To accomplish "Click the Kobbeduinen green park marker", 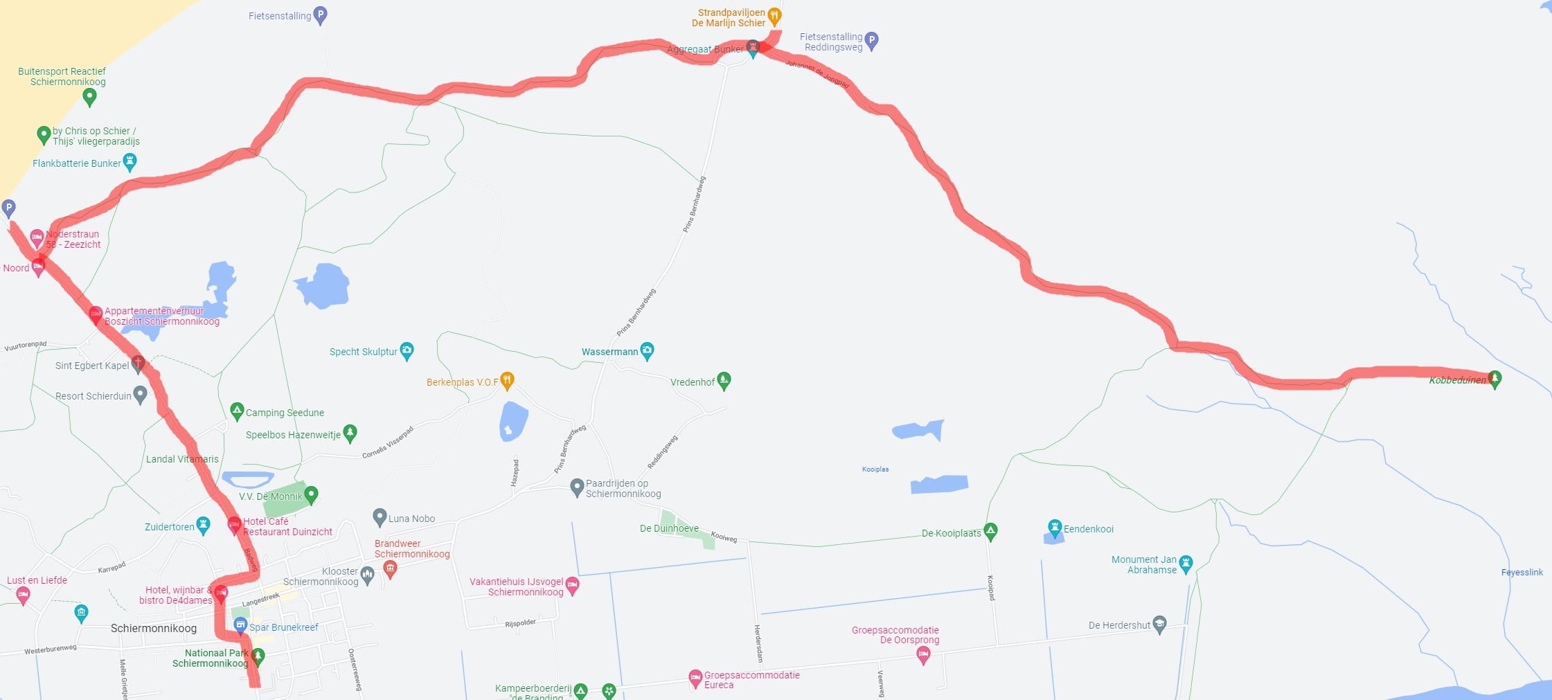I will (x=1495, y=379).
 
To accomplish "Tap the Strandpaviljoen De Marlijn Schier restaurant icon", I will (x=774, y=15).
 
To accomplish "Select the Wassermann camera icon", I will (x=647, y=350).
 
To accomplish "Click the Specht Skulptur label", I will (x=364, y=352).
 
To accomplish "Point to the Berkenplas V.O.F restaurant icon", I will (x=507, y=380).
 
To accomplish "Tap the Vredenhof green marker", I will (x=724, y=379).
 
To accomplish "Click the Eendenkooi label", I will (x=1088, y=529).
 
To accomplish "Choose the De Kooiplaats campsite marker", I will (x=990, y=531).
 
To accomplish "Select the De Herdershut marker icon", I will (x=1159, y=624).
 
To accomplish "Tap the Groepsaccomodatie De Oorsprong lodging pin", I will (x=922, y=654).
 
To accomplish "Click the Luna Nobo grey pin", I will (x=380, y=517).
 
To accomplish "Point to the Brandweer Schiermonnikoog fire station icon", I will (x=390, y=569).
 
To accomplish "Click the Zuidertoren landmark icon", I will (x=203, y=526).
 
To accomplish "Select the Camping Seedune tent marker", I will (x=237, y=411).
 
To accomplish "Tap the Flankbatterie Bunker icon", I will (x=130, y=162).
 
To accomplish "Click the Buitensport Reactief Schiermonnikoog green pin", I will (x=89, y=96).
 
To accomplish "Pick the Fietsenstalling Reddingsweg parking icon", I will (x=872, y=41).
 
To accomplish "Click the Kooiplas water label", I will (x=875, y=469).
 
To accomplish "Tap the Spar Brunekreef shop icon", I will (x=240, y=626).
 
